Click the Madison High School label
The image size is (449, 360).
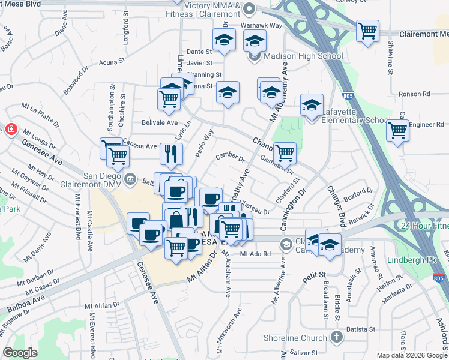[x=303, y=56]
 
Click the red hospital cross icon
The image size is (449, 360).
[x=11, y=129]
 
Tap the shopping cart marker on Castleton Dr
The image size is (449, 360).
[x=285, y=153]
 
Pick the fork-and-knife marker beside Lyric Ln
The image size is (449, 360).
[x=172, y=154]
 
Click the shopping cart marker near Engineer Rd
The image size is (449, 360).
[x=397, y=130]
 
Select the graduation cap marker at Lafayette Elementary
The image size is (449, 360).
[x=312, y=105]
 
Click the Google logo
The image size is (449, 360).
[x=20, y=353]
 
